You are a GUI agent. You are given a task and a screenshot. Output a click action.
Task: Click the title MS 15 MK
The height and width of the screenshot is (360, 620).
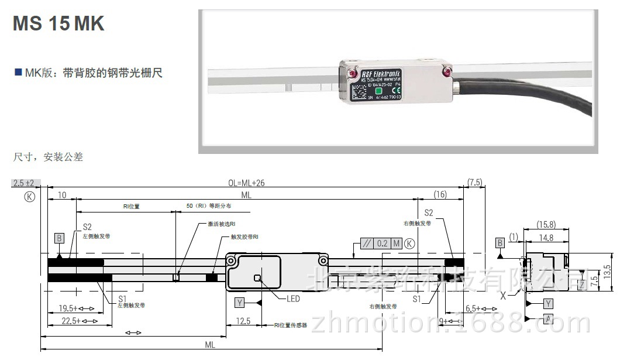58,23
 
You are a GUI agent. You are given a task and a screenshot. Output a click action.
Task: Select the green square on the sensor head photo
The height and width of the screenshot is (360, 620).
378,91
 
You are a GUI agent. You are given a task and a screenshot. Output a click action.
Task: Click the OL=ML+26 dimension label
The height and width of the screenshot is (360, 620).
245,183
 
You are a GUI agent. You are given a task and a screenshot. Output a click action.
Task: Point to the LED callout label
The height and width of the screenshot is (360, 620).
293,299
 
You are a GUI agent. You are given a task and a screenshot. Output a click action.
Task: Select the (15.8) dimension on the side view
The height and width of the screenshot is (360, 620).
546,224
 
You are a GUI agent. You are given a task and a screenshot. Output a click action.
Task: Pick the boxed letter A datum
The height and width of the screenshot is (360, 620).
548,318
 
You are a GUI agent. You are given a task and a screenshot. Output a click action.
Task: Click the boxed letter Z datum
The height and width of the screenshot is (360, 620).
581,284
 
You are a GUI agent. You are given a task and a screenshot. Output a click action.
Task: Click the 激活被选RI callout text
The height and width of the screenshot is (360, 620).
222,224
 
